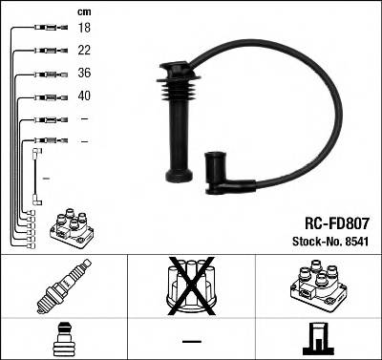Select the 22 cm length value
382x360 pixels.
(84, 52)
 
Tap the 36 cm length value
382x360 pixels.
(84, 74)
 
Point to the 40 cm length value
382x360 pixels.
(84, 96)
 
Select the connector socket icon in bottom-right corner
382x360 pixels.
(317, 338)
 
